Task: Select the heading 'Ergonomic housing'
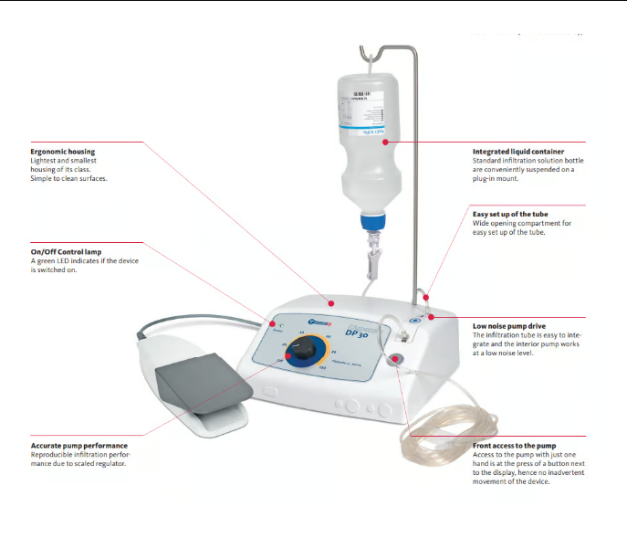pos(63,152)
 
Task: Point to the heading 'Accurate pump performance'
pos(78,446)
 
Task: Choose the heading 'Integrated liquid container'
pos(517,152)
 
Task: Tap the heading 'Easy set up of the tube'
pos(509,213)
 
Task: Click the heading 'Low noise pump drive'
pos(508,326)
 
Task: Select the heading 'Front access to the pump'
pos(514,446)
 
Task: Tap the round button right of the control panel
pos(399,358)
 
